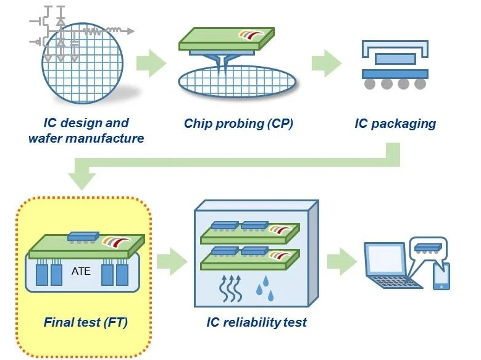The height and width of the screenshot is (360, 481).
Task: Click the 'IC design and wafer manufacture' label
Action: coord(86,130)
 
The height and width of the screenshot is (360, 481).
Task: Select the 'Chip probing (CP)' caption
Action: coord(238,123)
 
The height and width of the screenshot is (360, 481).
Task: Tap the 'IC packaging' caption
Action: coord(395,123)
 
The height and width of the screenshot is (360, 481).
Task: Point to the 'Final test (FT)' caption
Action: coord(86,322)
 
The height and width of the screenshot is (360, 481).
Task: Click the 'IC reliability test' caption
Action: coord(256,322)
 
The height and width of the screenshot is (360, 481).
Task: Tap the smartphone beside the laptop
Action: coord(441,276)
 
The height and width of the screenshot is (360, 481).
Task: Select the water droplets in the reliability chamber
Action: coord(264,285)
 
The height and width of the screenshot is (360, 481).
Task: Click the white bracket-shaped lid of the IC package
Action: coord(395,48)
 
